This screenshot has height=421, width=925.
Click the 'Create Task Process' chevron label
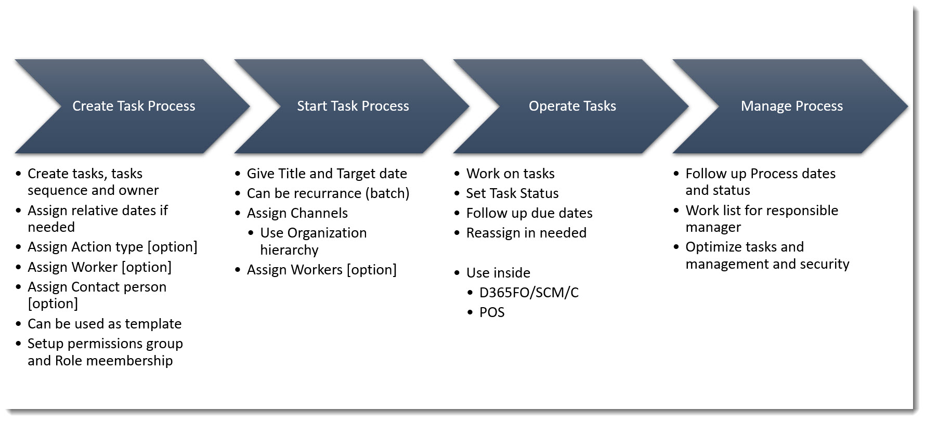coord(134,106)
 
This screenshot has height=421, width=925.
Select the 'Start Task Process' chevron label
coord(353,106)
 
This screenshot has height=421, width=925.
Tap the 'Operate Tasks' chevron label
coord(572,106)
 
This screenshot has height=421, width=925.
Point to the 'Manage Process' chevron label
coord(791,106)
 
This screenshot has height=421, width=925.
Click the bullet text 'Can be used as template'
coord(105,324)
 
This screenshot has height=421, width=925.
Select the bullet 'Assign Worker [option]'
coord(99,267)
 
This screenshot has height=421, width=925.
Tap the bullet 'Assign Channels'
coord(297,213)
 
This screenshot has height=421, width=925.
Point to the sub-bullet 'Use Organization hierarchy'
coord(313,241)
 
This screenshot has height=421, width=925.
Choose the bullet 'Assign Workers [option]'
coord(321,270)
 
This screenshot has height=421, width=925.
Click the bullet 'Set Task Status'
coord(512,193)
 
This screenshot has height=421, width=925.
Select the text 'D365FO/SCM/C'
coord(529,293)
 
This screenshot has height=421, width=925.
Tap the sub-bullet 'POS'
coord(492,312)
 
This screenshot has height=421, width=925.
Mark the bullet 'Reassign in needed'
coord(526,233)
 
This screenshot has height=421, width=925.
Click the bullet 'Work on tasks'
coord(510,174)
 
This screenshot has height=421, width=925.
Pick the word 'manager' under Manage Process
coord(713,227)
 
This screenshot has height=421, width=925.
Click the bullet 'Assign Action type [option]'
coord(112,247)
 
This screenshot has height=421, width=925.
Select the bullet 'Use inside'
coord(498,273)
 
